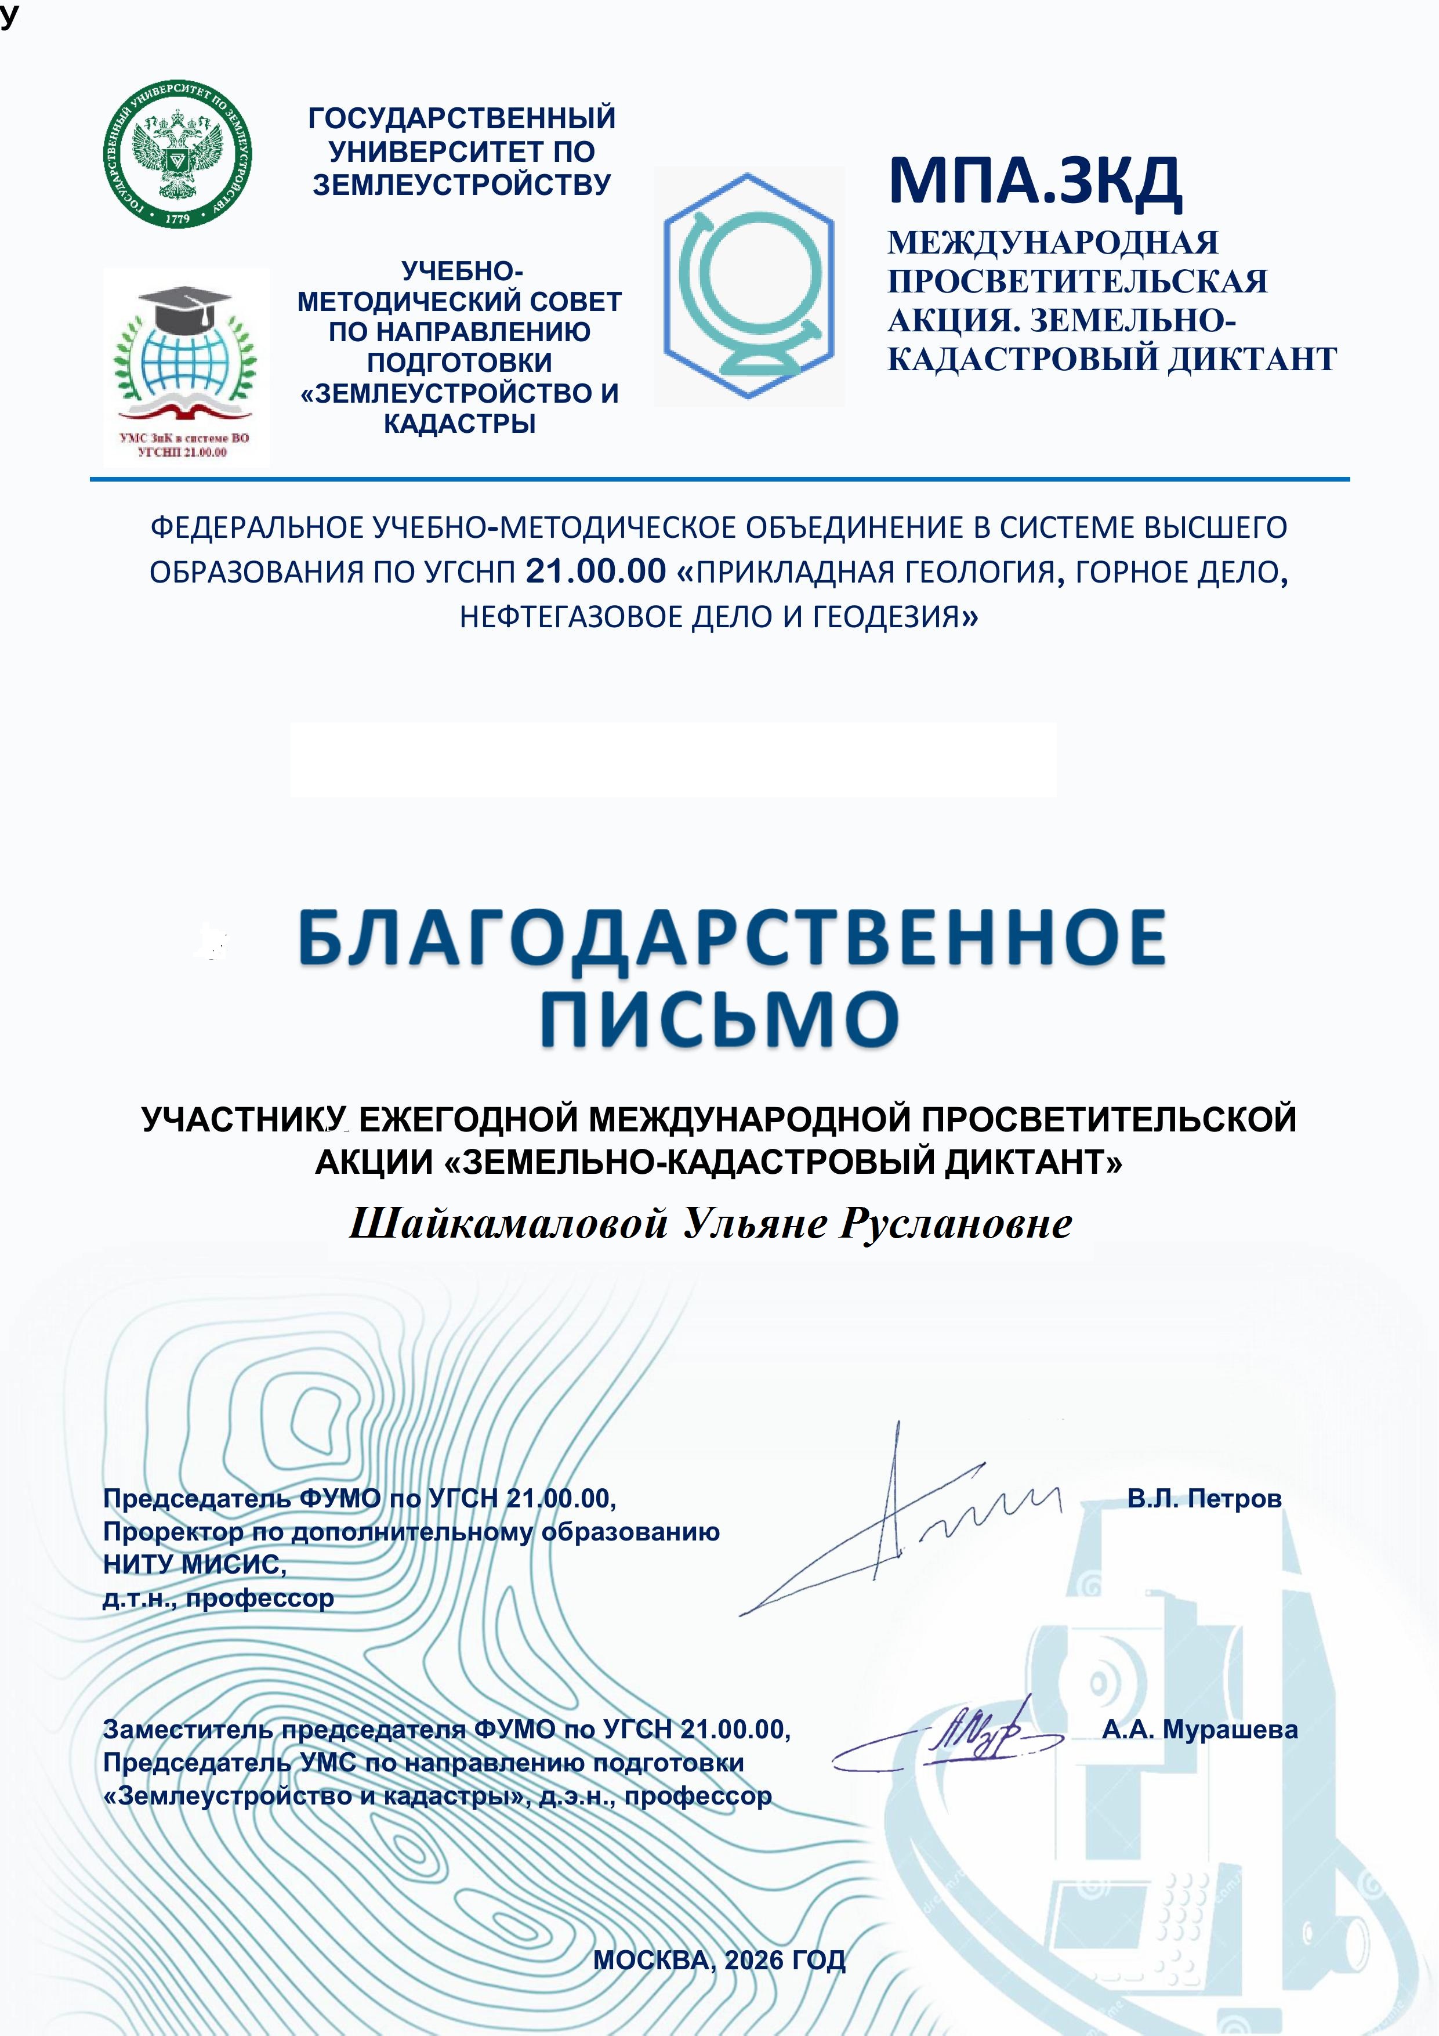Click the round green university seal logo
pyautogui.click(x=177, y=153)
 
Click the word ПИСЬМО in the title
pyautogui.click(x=719, y=1018)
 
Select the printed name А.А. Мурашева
pyautogui.click(x=1199, y=1729)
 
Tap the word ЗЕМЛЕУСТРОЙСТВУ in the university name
pyautogui.click(x=461, y=185)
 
